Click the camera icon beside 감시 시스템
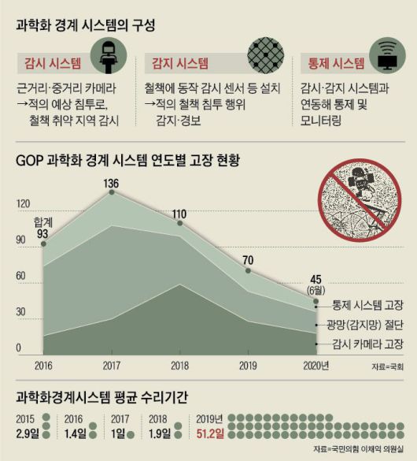point(111,57)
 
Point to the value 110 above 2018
point(179,214)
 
